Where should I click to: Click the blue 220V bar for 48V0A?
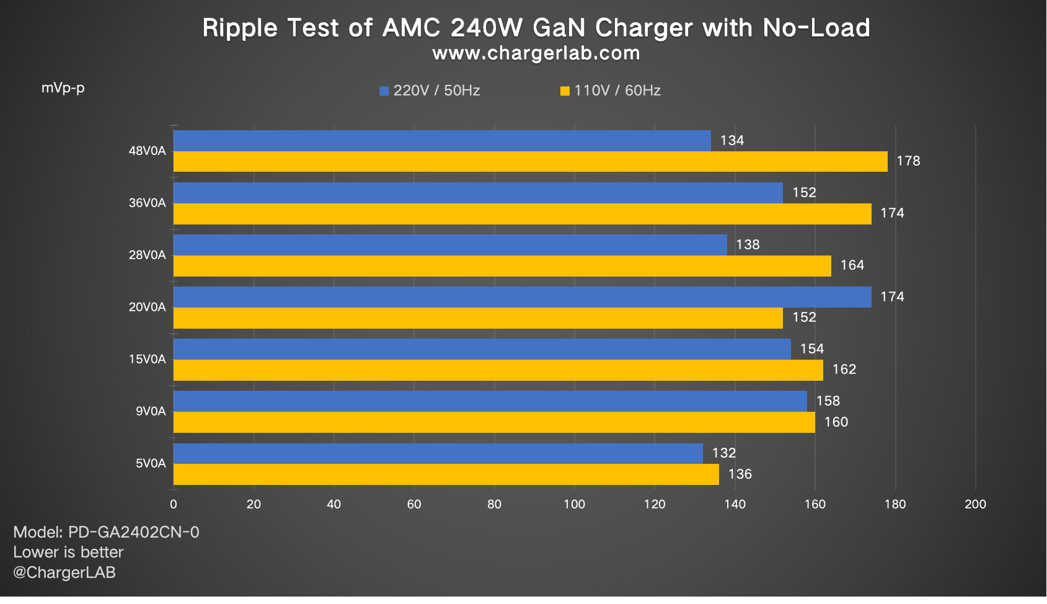point(442,141)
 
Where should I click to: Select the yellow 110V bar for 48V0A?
point(530,162)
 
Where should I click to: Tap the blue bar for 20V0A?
point(522,297)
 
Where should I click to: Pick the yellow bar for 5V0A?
point(446,474)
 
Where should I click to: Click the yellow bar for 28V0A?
point(502,266)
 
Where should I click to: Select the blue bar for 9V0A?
point(490,401)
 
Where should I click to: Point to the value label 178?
point(908,161)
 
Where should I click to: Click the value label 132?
point(723,453)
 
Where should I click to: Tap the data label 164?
point(852,265)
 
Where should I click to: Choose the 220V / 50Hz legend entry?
point(430,91)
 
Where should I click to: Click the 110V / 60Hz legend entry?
point(611,91)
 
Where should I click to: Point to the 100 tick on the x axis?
point(574,504)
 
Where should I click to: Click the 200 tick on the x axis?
point(975,504)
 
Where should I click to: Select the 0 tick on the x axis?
point(174,504)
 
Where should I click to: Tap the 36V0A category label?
point(147,203)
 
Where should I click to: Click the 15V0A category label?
point(147,360)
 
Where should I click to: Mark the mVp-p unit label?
point(63,88)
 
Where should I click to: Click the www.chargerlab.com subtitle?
point(536,53)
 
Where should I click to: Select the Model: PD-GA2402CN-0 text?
point(106,532)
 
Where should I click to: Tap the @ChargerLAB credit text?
point(64,572)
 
